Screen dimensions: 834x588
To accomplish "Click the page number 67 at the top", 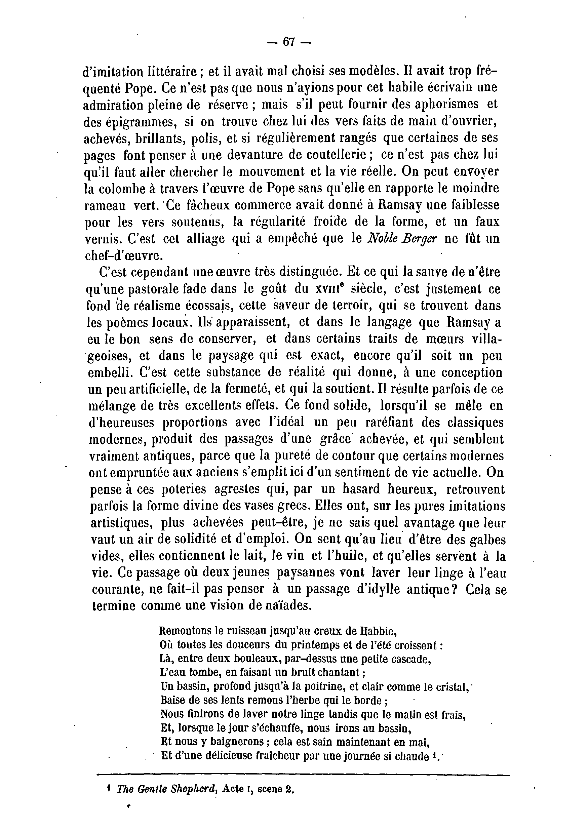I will click(288, 42).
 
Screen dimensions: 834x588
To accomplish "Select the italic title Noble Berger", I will click(402, 239).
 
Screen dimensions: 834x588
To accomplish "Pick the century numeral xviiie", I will click(329, 289).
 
